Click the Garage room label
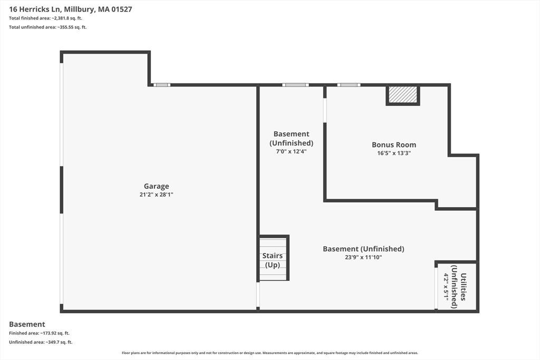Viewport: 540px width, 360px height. pyautogui.click(x=156, y=186)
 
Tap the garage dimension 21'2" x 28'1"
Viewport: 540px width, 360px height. pyautogui.click(x=156, y=194)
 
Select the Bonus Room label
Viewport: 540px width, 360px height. pyautogui.click(x=394, y=145)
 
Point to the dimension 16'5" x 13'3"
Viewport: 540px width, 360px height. pyautogui.click(x=394, y=153)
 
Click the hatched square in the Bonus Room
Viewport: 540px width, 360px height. pyautogui.click(x=402, y=95)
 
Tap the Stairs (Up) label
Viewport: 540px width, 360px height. pyautogui.click(x=273, y=260)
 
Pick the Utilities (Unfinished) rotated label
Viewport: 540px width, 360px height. pyautogui.click(x=459, y=286)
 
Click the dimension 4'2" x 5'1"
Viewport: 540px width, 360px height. pyautogui.click(x=446, y=287)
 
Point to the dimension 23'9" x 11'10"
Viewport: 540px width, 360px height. pyautogui.click(x=363, y=257)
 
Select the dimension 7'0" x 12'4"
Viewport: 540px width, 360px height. pyautogui.click(x=291, y=151)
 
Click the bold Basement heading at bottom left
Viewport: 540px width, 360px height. pyautogui.click(x=27, y=324)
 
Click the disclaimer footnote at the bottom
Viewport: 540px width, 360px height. pyautogui.click(x=270, y=353)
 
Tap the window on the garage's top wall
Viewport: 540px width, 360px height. pyautogui.click(x=162, y=85)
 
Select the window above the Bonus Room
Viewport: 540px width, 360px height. pyautogui.click(x=349, y=85)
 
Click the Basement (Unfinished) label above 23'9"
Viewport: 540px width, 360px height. pyautogui.click(x=363, y=249)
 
